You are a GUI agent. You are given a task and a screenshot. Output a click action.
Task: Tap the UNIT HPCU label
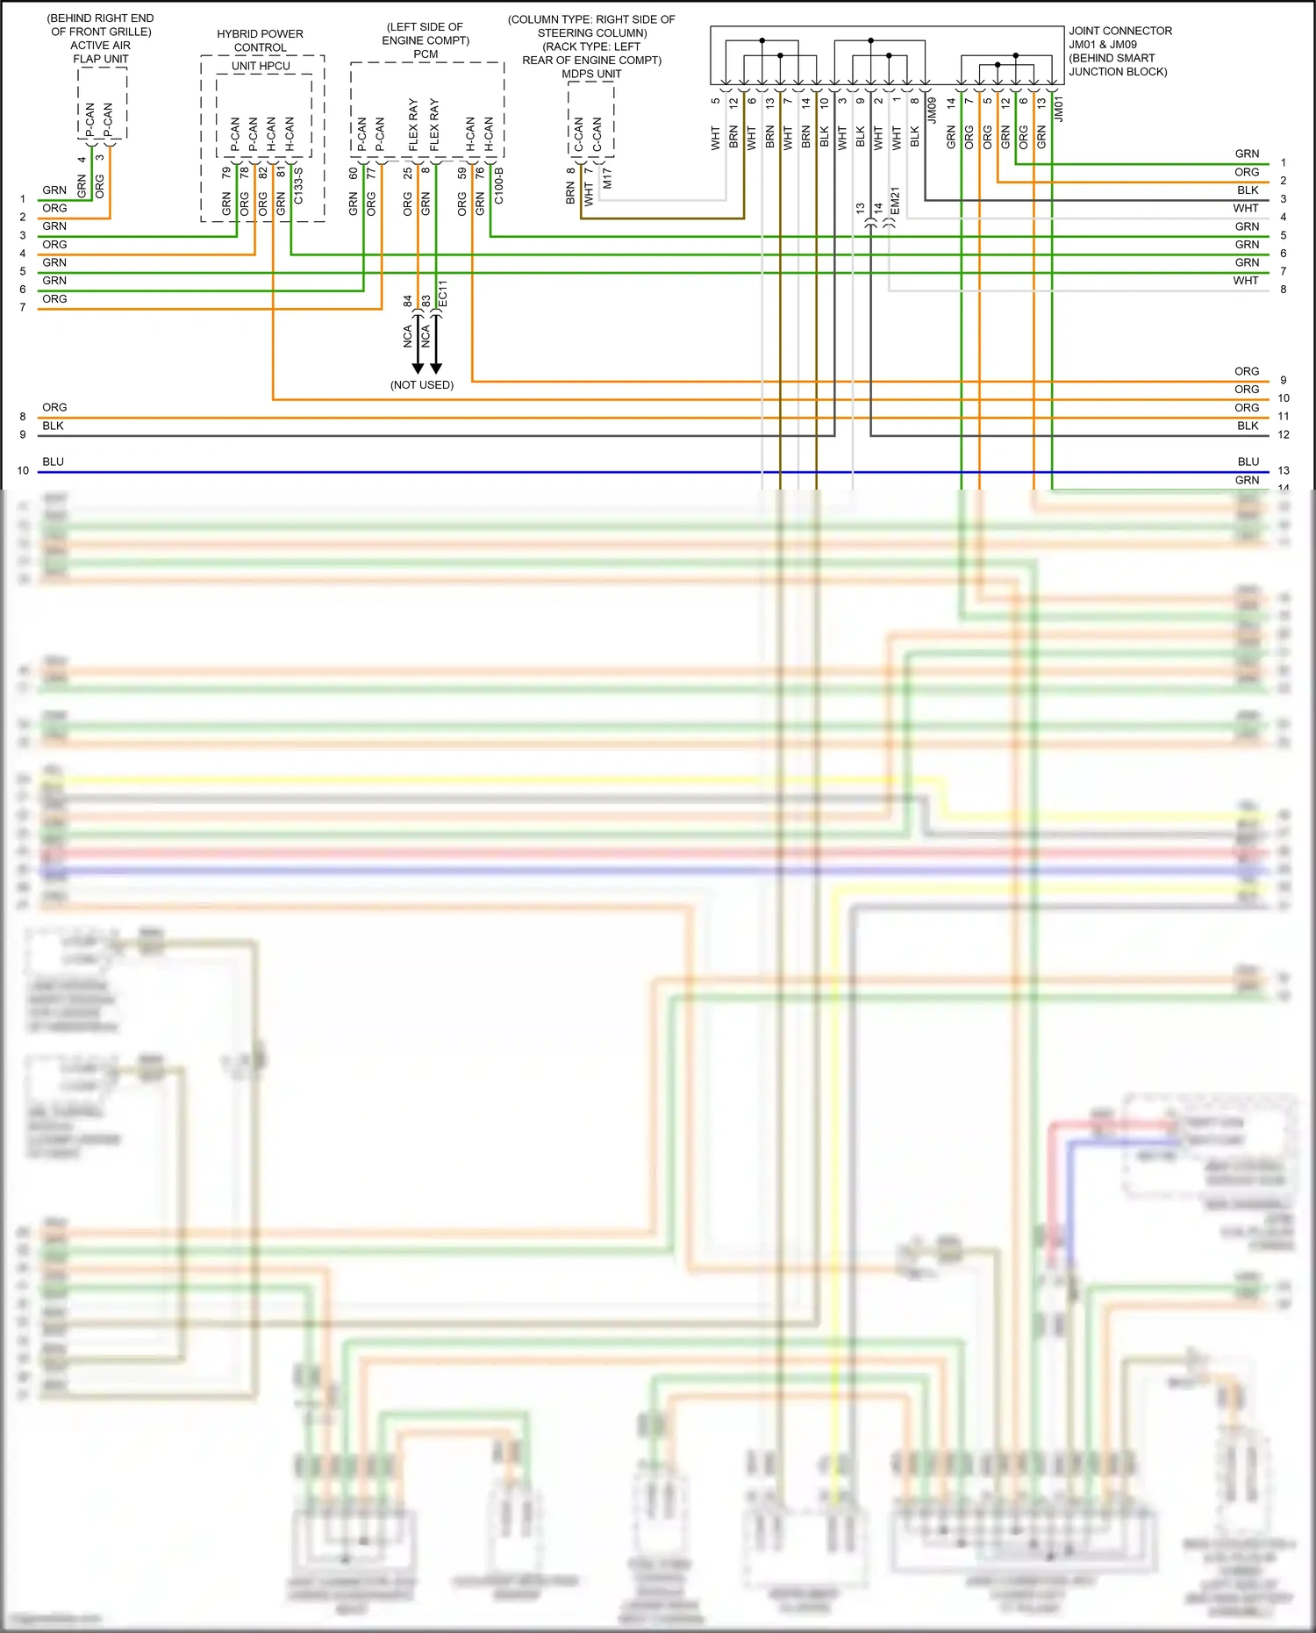pyautogui.click(x=261, y=66)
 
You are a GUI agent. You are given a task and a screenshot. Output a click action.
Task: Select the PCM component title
pyautogui.click(x=426, y=54)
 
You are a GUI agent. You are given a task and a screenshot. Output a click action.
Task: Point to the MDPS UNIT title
pyautogui.click(x=591, y=74)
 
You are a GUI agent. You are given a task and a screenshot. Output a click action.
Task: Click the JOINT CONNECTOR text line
pyautogui.click(x=1119, y=31)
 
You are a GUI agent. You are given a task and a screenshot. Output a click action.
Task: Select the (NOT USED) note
pyautogui.click(x=422, y=385)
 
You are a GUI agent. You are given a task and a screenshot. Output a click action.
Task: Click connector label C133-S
pyautogui.click(x=298, y=186)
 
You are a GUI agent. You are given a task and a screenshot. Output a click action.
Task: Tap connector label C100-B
pyautogui.click(x=498, y=186)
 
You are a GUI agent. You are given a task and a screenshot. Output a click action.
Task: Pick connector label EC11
pyautogui.click(x=443, y=293)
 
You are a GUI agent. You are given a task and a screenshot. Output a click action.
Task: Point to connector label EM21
pyautogui.click(x=895, y=201)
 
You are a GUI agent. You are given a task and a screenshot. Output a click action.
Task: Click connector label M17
pyautogui.click(x=607, y=178)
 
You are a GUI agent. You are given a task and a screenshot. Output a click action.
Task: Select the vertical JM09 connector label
pyautogui.click(x=932, y=111)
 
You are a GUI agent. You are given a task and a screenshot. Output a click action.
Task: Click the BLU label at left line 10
pyautogui.click(x=53, y=462)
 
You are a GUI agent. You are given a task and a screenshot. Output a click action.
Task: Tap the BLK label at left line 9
pyautogui.click(x=53, y=426)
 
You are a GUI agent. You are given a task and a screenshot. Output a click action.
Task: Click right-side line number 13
pyautogui.click(x=1283, y=470)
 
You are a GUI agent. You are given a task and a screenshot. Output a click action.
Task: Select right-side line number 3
pyautogui.click(x=1283, y=199)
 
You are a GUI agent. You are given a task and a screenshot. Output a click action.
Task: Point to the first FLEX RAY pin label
pyautogui.click(x=413, y=125)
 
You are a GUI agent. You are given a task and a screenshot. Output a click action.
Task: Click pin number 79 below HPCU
pyautogui.click(x=226, y=173)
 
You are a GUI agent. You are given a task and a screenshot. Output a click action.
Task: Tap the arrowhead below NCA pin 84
pyautogui.click(x=418, y=368)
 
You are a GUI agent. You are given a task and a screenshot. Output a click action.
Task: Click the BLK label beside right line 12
pyautogui.click(x=1248, y=426)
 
